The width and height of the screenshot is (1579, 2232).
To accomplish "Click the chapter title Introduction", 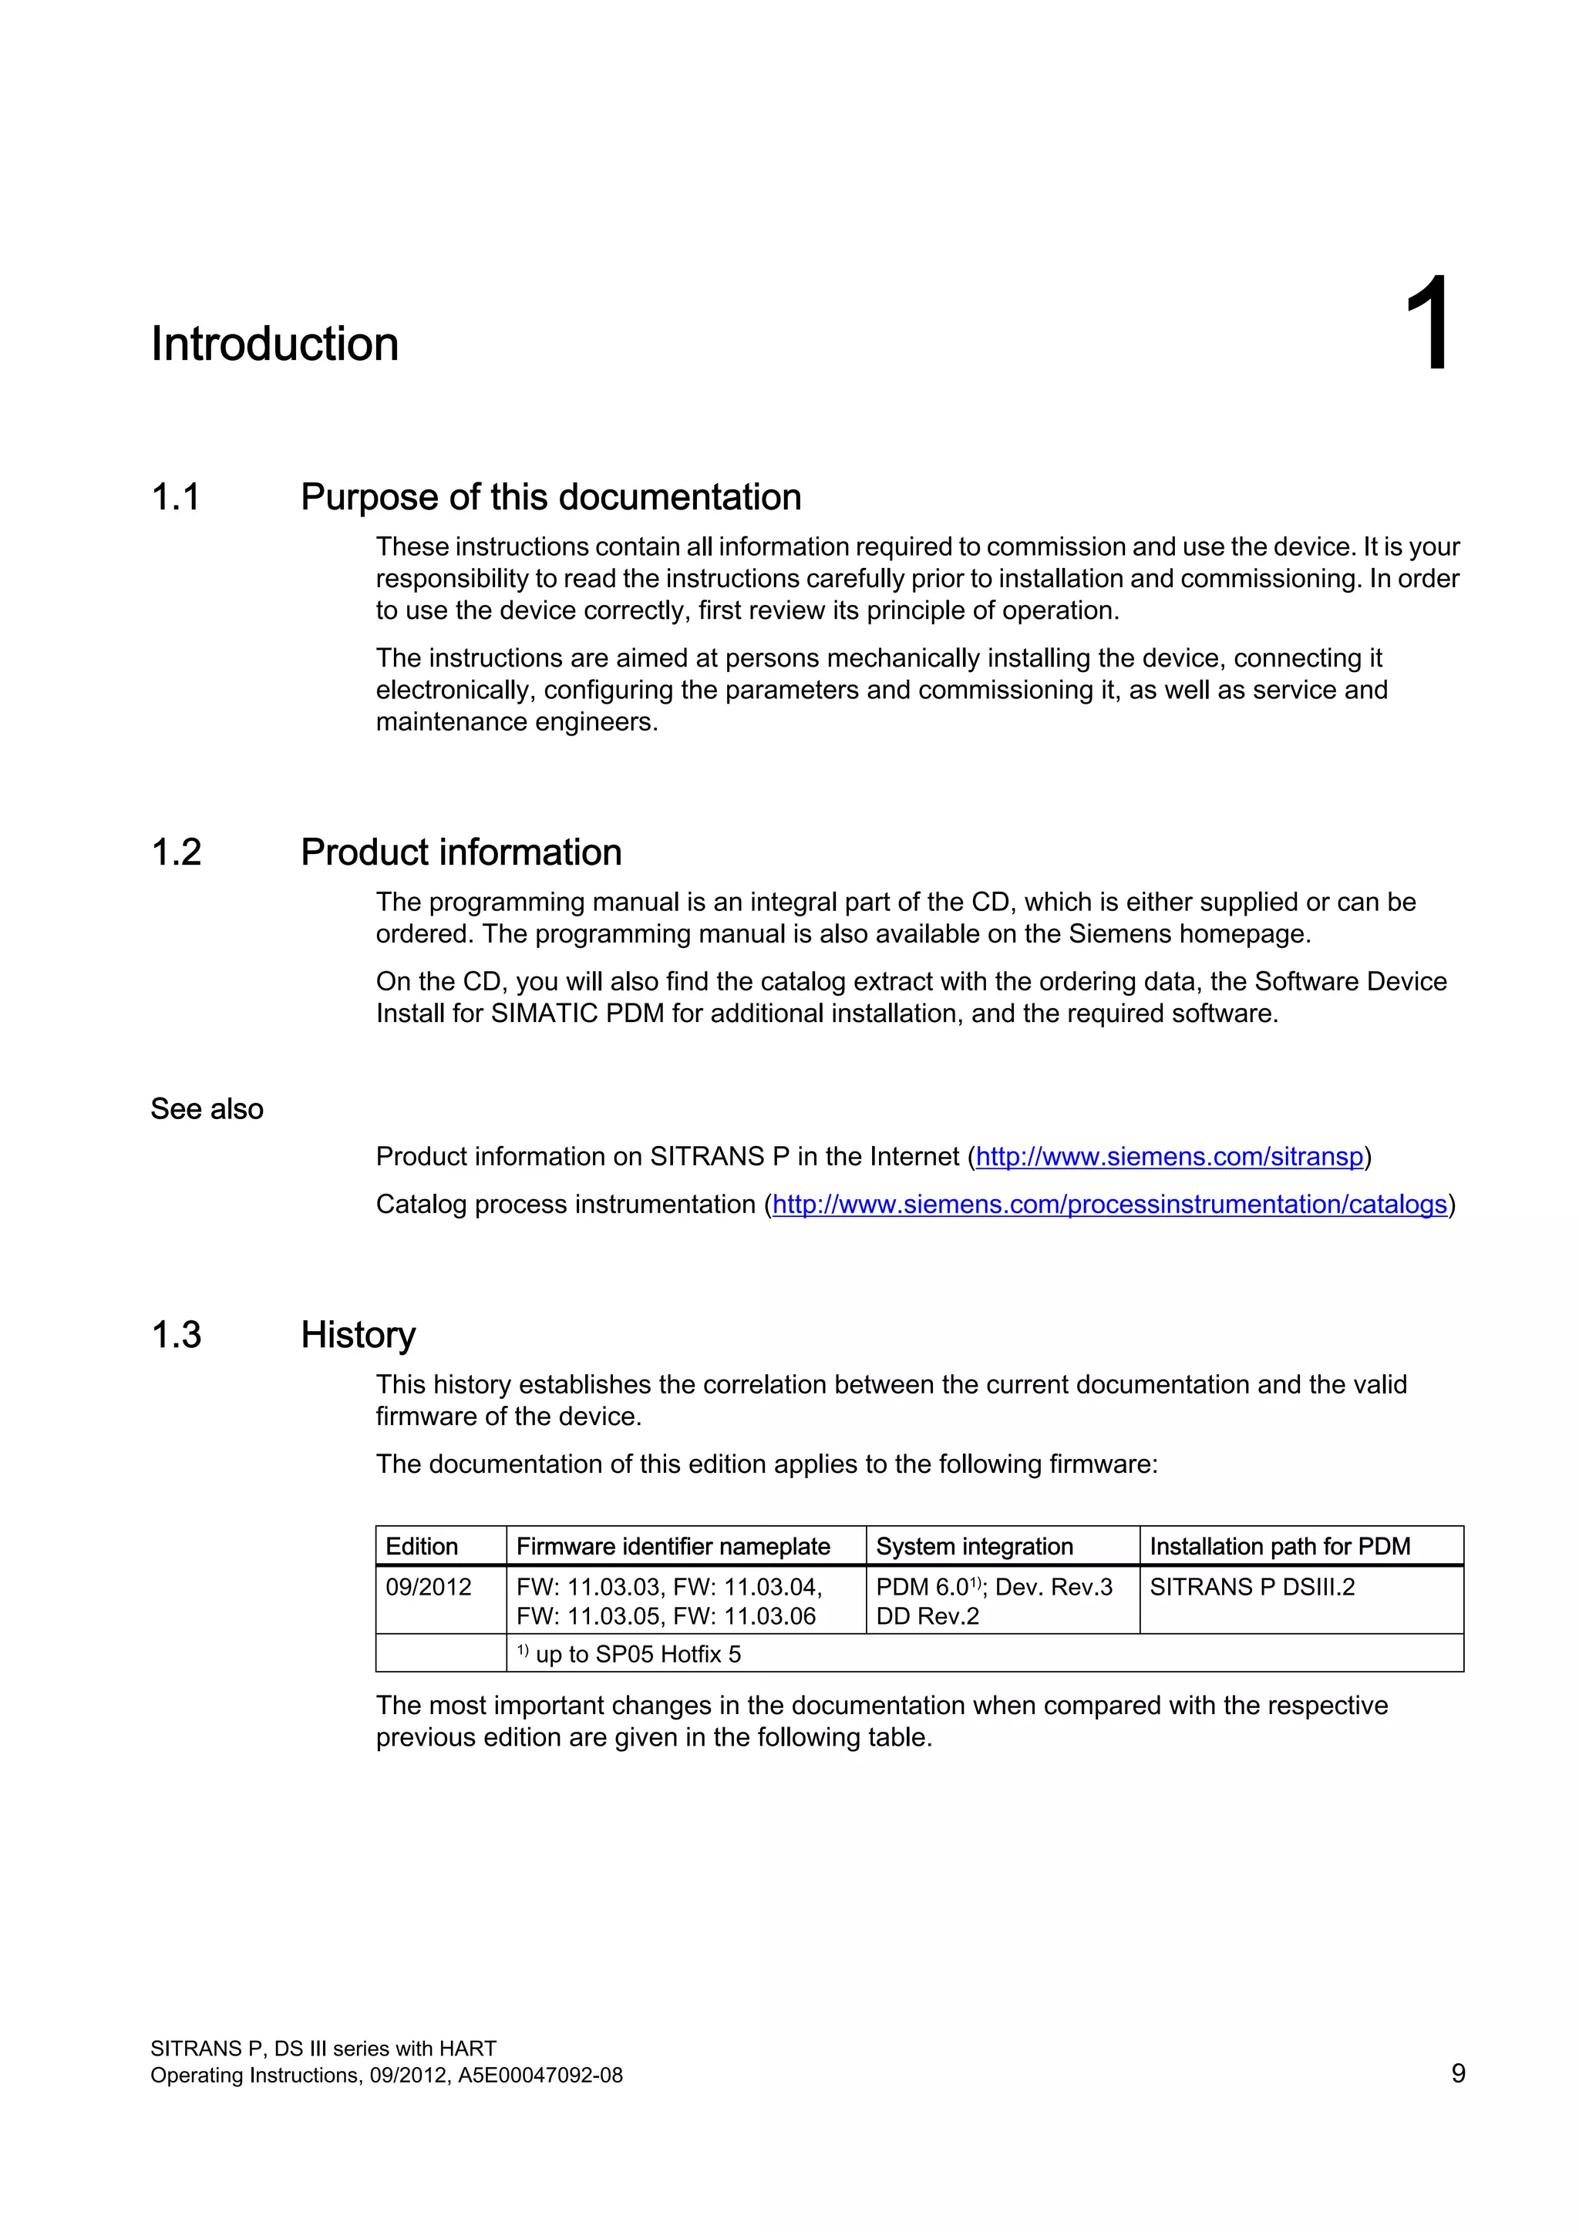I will [274, 345].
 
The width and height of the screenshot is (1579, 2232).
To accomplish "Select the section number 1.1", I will [176, 497].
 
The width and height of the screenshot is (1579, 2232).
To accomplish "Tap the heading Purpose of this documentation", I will [550, 497].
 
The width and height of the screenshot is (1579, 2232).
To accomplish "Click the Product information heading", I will [461, 852].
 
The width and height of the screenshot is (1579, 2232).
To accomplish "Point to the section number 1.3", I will [176, 1335].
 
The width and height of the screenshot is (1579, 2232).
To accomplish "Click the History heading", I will [358, 1335].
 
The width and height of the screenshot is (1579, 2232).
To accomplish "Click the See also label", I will [206, 1109].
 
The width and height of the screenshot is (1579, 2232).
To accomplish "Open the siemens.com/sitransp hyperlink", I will [1169, 1157].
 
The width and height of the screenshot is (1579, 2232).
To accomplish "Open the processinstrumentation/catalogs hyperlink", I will [1109, 1205].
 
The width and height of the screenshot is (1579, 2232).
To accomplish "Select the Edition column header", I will [421, 1547].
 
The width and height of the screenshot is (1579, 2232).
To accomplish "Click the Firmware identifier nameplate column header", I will [673, 1547].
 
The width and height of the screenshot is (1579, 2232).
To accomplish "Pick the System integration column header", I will [975, 1547].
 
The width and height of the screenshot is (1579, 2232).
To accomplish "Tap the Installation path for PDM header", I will [1280, 1547].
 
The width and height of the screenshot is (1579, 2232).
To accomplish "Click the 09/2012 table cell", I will [428, 1588].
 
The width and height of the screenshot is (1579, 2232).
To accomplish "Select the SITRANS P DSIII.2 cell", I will [1251, 1588].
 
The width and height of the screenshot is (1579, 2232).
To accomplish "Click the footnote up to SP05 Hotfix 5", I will [637, 1655].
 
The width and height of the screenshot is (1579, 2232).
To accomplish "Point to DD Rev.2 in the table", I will [927, 1617].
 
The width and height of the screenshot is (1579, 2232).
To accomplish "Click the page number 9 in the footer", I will [1457, 2073].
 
